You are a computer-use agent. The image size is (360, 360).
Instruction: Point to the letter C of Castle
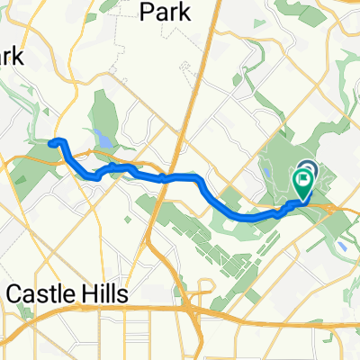click(x=15, y=295)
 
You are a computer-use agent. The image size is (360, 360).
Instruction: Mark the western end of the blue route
click(x=51, y=141)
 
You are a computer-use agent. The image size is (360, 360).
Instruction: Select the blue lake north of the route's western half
click(x=101, y=140)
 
